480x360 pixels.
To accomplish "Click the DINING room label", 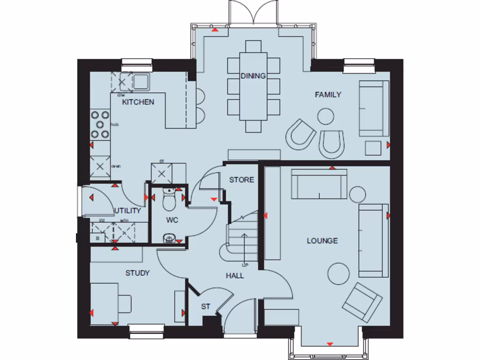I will click(253, 76).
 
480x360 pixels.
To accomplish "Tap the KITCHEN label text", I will click(138, 102).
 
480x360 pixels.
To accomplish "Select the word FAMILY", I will click(328, 95).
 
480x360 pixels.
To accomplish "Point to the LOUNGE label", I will click(322, 241).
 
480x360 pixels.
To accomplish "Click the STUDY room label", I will click(137, 273).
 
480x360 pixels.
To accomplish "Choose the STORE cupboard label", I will click(241, 180).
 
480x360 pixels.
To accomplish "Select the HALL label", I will click(235, 276).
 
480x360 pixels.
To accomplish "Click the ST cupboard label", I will click(205, 307).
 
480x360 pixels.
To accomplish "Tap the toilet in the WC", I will click(169, 200).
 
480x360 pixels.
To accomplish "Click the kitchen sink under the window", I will click(140, 82).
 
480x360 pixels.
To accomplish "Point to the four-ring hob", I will click(100, 125).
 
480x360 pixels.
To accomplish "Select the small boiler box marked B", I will click(97, 238).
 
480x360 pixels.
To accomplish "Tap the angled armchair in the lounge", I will click(361, 302).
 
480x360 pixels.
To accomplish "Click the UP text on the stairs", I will click(245, 266).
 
